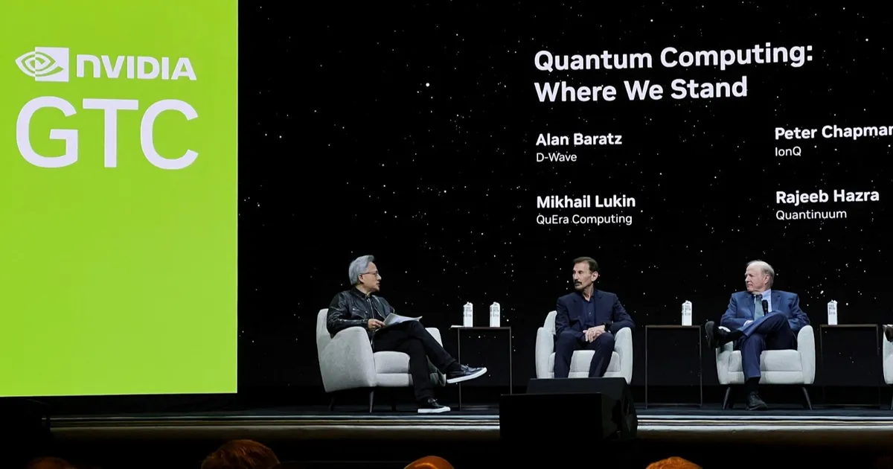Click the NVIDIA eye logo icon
click(42, 64)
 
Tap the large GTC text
click(107, 133)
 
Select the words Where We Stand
click(641, 90)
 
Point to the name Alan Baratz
click(578, 139)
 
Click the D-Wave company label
click(556, 157)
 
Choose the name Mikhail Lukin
click(586, 202)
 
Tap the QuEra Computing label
click(584, 220)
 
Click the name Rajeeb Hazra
click(828, 197)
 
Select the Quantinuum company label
click(811, 214)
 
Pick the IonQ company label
click(788, 152)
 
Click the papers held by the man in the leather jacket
click(400, 320)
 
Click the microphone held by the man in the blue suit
click(765, 306)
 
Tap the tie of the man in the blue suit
click(758, 307)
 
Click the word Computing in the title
click(737, 57)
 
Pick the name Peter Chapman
click(833, 133)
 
